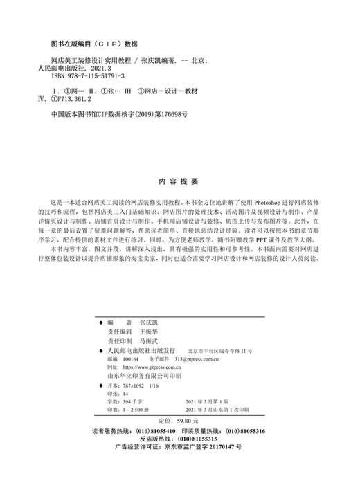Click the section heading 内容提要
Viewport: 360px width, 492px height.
coord(179,161)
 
